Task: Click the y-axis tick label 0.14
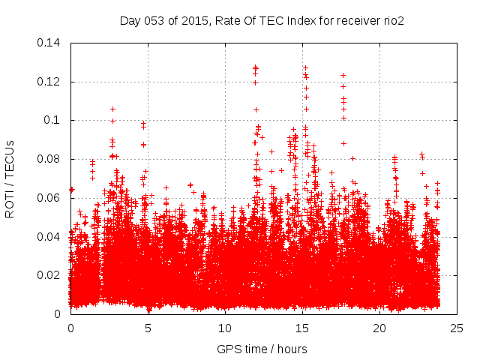(x=50, y=43)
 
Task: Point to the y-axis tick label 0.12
(x=50, y=82)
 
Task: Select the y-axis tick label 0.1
(x=53, y=120)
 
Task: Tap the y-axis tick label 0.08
(x=50, y=159)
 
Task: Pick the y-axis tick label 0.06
(x=50, y=198)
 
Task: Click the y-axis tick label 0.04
(x=50, y=237)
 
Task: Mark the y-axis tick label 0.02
(x=50, y=275)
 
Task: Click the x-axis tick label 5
(x=148, y=328)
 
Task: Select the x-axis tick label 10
(x=225, y=328)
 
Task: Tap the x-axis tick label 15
(x=302, y=328)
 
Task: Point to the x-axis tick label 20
(x=379, y=328)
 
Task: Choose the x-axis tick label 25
(x=457, y=328)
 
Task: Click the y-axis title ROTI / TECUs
(x=10, y=178)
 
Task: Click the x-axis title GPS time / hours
(x=262, y=349)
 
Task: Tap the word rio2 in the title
(x=392, y=21)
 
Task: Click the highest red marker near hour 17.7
(x=343, y=75)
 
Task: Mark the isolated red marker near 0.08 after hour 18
(x=352, y=158)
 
